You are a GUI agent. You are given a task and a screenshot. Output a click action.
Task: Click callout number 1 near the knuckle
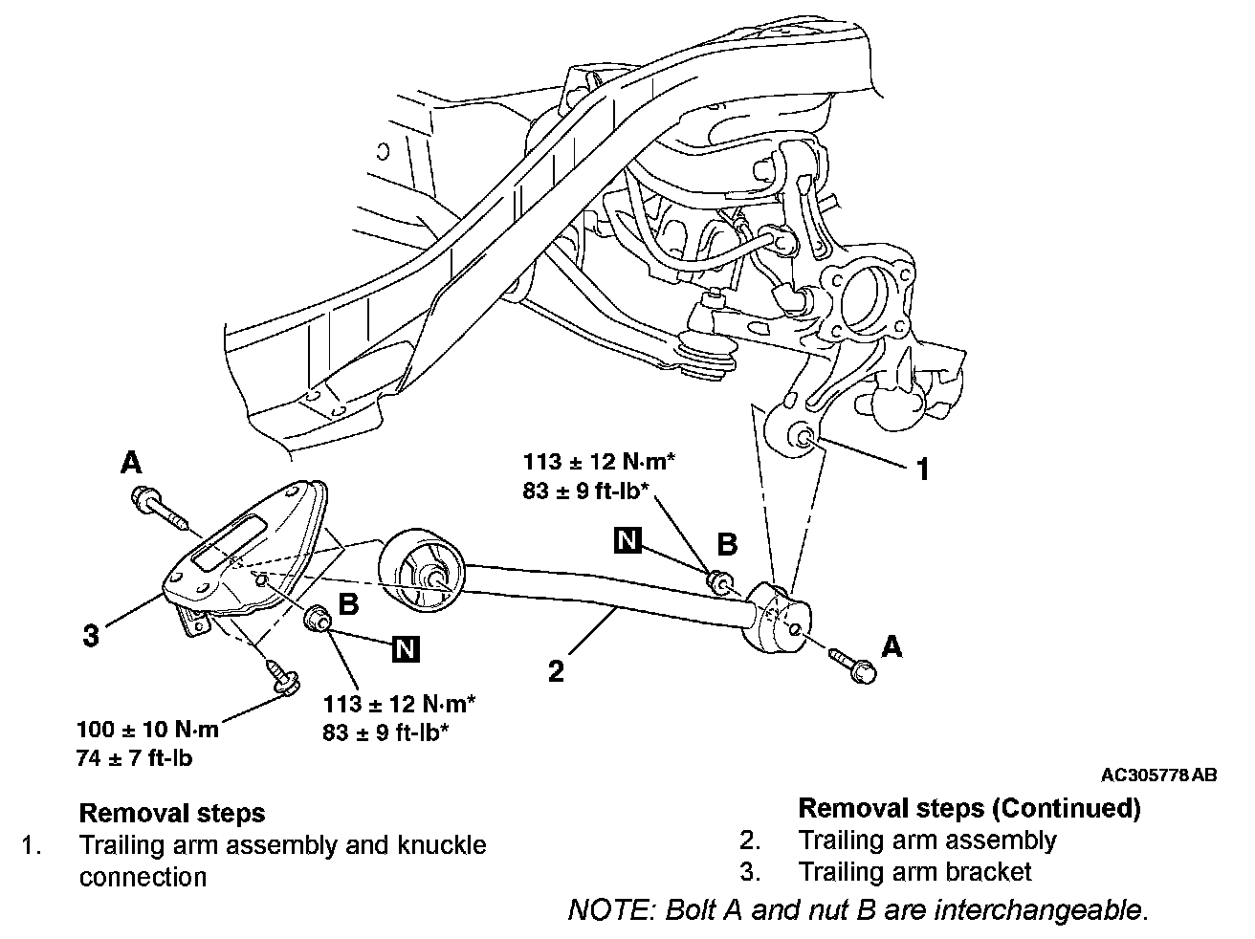pos(922,469)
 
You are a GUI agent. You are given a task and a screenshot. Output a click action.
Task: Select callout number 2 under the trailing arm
pos(556,668)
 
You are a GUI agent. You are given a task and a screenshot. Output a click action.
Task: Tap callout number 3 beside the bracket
pos(91,635)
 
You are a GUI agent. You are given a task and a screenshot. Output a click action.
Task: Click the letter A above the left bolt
pos(131,464)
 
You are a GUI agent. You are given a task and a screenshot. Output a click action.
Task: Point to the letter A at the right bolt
pos(892,647)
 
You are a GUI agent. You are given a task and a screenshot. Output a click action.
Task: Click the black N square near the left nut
pos(406,649)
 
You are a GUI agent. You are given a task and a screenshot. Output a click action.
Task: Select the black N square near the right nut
pos(627,540)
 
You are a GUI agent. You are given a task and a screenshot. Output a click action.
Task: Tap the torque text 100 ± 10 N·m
pos(148,730)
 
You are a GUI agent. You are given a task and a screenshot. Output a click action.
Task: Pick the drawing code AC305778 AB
pos(1158,775)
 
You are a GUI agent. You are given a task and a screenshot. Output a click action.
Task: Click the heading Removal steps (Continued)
pos(969,809)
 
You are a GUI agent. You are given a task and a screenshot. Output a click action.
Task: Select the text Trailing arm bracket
pos(915,872)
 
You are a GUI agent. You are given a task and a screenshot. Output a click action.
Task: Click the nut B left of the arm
pos(317,621)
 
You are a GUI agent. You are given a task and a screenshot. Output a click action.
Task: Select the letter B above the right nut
pos(727,544)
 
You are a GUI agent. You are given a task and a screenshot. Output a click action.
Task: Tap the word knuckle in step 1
pos(442,845)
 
